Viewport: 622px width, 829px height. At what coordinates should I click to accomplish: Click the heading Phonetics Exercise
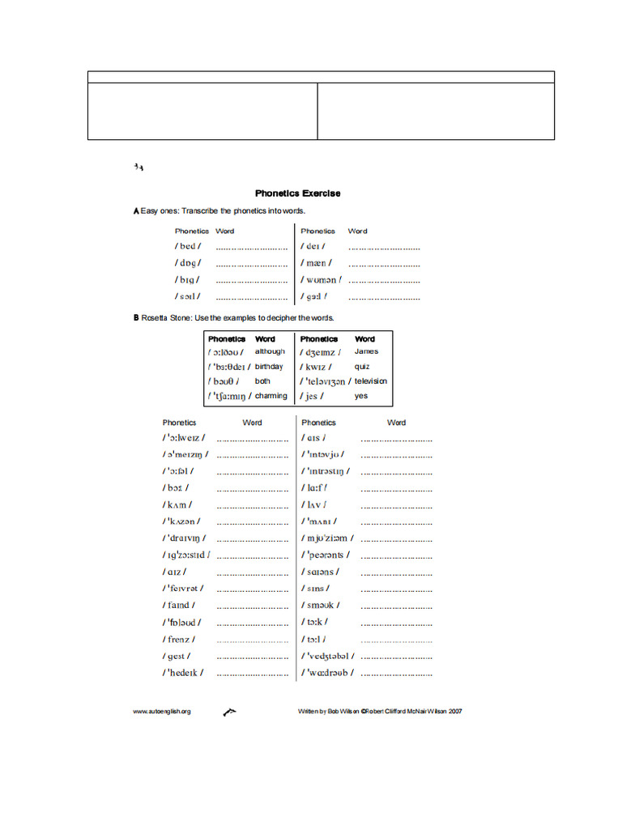297,193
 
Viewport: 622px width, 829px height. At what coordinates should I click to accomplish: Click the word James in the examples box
366,352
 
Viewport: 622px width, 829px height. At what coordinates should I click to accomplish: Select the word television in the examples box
371,381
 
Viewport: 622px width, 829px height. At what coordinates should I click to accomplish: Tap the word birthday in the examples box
269,367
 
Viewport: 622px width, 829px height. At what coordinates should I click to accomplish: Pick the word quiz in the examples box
362,367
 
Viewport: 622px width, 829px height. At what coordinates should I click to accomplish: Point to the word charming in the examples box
271,396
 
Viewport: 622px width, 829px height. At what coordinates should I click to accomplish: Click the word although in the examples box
270,352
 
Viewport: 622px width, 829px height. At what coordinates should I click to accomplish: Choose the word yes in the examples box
360,396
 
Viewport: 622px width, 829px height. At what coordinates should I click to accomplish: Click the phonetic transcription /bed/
188,246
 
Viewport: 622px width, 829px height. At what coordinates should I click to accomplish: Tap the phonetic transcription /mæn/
317,263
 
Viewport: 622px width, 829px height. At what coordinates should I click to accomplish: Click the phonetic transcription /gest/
177,657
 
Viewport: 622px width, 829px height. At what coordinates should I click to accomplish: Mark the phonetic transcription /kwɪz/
316,367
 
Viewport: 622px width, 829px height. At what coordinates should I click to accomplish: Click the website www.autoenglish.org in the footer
162,712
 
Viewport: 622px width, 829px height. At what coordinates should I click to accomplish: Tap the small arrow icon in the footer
228,712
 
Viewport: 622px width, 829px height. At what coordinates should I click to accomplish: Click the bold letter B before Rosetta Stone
136,318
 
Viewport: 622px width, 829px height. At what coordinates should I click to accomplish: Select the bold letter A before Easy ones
136,211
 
